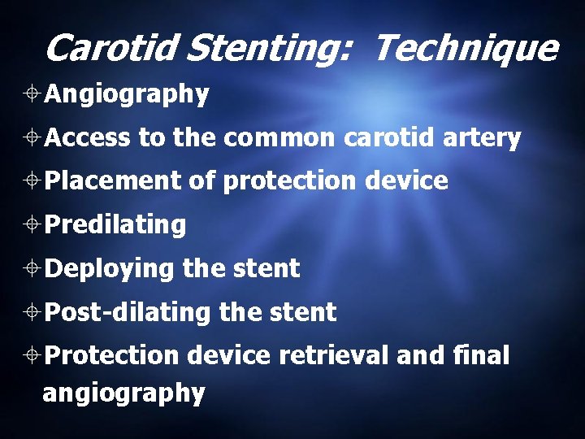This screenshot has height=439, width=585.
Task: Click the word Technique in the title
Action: pos(465,49)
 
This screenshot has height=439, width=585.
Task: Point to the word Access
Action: pos(88,139)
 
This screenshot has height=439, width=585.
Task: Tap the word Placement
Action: pos(113,181)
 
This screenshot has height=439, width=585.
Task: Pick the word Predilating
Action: pos(116,225)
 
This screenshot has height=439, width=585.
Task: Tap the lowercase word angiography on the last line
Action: pos(123,394)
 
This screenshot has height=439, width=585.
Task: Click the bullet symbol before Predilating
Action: pos(34,225)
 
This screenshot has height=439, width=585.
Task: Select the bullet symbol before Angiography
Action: pos(34,95)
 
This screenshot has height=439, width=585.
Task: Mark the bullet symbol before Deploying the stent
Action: pos(34,268)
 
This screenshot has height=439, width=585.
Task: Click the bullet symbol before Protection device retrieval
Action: pos(34,355)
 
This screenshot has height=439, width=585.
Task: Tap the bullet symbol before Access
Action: pos(34,139)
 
